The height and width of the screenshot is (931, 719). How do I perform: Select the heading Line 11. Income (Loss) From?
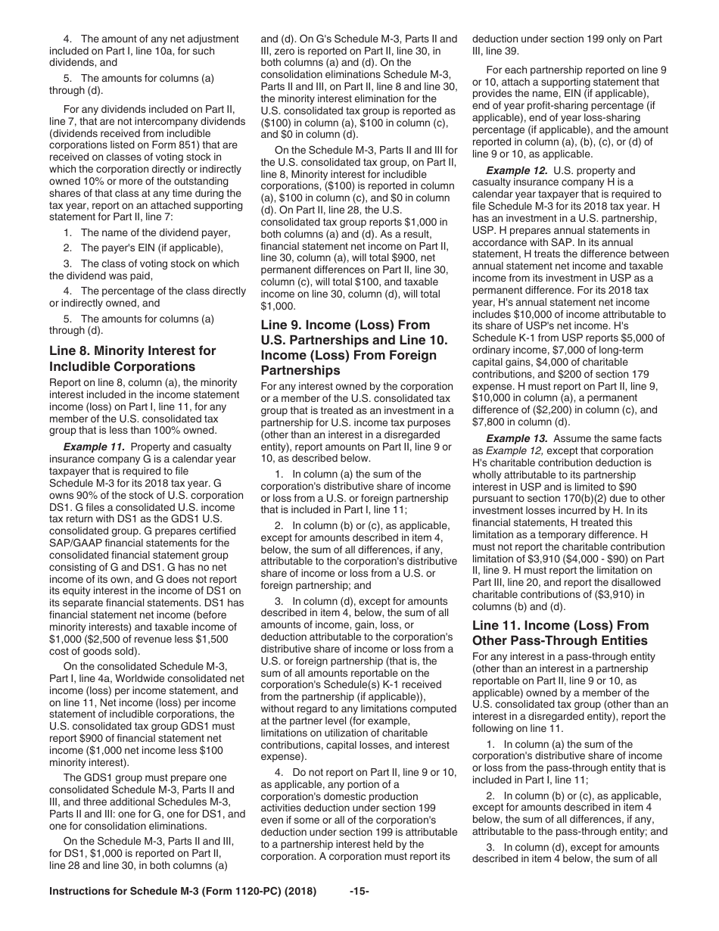point(560,625)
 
